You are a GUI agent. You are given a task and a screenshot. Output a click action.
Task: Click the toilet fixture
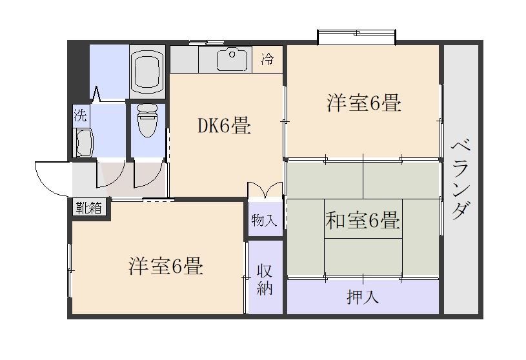[x=148, y=120]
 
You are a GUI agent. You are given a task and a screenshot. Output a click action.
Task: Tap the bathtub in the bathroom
[x=147, y=72]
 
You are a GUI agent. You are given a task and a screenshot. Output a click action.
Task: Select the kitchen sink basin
[x=232, y=60]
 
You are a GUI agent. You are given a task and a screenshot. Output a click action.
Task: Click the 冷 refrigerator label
[x=267, y=59]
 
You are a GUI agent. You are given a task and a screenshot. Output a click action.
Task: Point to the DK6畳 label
[x=225, y=126]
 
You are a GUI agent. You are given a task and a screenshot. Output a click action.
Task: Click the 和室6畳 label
[x=363, y=220]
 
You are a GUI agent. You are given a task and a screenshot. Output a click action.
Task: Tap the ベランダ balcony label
[x=461, y=180]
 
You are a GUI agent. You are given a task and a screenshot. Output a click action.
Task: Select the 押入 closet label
[x=363, y=297]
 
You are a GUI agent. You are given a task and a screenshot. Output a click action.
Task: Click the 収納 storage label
[x=265, y=279]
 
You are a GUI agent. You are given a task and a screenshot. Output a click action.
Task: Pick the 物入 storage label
[x=265, y=220]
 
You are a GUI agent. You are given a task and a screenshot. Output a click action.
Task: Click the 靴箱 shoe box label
[x=89, y=208]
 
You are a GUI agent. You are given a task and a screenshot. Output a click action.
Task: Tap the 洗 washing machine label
[x=80, y=115]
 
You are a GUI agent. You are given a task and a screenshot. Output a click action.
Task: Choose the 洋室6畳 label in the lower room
[x=166, y=266]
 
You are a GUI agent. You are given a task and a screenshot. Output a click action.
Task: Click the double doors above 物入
[x=265, y=190]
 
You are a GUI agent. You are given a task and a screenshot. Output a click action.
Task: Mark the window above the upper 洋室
[x=357, y=37]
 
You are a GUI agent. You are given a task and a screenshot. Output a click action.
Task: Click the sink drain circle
[x=232, y=54]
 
